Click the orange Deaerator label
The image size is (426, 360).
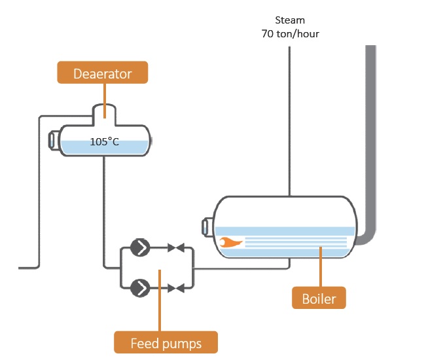click(x=103, y=73)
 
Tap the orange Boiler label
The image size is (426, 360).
click(x=319, y=299)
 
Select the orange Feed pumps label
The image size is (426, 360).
click(x=166, y=342)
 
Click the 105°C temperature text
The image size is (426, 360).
click(x=105, y=141)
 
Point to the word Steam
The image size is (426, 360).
click(x=289, y=20)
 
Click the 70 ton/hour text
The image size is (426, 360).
click(x=289, y=32)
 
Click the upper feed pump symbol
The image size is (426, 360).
click(x=139, y=247)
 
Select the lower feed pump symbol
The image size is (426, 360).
click(x=139, y=287)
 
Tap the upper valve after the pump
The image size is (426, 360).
click(x=175, y=247)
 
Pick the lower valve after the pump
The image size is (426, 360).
click(x=175, y=287)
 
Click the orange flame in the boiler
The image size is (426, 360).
click(x=230, y=242)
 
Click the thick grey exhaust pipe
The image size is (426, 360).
click(x=370, y=131)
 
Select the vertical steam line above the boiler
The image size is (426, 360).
click(x=289, y=118)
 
